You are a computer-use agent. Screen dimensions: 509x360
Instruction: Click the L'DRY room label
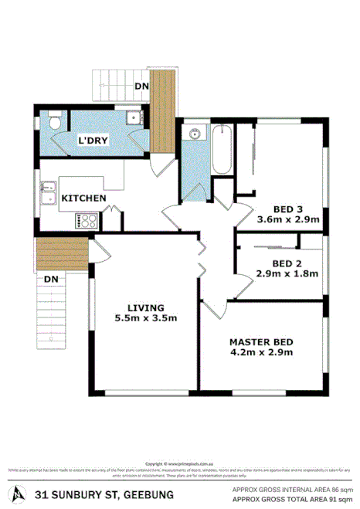pyautogui.click(x=93, y=140)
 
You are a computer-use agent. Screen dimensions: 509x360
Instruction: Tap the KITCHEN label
pyautogui.click(x=83, y=199)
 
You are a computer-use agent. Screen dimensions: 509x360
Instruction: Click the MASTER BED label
pyautogui.click(x=261, y=341)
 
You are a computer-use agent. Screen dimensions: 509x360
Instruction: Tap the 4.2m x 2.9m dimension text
pyautogui.click(x=261, y=353)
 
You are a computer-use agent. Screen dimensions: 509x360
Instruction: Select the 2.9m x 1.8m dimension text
pyautogui.click(x=287, y=273)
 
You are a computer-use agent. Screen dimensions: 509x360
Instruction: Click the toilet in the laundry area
pyautogui.click(x=53, y=124)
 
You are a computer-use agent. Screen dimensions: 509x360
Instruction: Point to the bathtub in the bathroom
pyautogui.click(x=221, y=148)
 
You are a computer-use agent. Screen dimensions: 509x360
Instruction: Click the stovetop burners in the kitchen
pyautogui.click(x=85, y=220)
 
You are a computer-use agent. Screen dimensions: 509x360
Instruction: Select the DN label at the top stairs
pyautogui.click(x=141, y=87)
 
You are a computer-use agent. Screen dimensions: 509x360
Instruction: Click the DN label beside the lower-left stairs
pyautogui.click(x=51, y=278)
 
